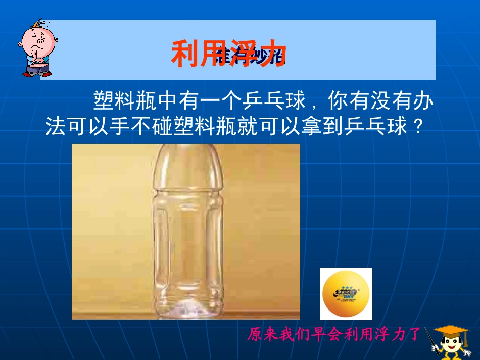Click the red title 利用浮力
tap(229, 54)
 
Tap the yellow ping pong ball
tap(346, 294)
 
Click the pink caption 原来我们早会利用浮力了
tap(334, 334)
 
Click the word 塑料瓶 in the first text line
tap(126, 102)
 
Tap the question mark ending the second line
tap(417, 127)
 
